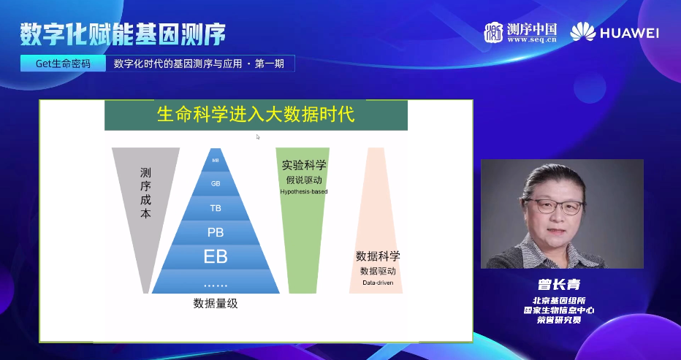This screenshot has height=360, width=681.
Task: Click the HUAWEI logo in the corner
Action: point(615,33)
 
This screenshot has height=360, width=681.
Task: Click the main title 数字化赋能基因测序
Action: point(122,33)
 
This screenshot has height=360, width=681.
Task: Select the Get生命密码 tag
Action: point(64,64)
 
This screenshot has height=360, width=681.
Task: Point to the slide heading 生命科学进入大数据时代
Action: point(256,115)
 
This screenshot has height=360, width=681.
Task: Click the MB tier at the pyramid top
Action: point(216,160)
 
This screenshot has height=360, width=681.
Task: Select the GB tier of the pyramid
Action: point(216,183)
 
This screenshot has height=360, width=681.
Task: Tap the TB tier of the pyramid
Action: point(216,208)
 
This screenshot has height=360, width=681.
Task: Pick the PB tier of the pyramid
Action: point(216,232)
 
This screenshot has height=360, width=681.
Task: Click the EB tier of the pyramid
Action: point(216,257)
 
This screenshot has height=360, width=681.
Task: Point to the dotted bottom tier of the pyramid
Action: point(216,284)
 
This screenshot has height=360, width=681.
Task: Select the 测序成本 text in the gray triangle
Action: point(145,194)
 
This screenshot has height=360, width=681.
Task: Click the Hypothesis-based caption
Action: point(304,191)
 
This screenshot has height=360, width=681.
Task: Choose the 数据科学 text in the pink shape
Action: point(378,256)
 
